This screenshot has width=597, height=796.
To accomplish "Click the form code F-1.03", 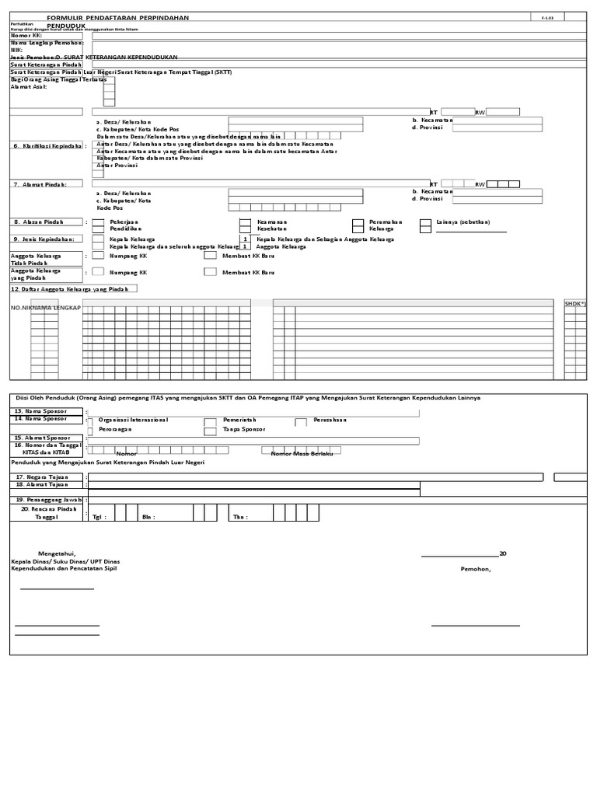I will click(x=548, y=16).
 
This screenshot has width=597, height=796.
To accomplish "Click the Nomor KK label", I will click(x=26, y=36).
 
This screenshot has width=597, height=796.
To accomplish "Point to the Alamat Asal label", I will click(x=29, y=87).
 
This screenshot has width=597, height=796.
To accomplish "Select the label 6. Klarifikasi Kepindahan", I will click(x=48, y=145).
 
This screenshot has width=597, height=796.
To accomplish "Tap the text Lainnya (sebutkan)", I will click(x=463, y=222).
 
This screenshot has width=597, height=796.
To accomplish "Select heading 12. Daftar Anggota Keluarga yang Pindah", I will click(x=74, y=288).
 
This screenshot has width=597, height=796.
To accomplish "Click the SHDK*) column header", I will click(x=575, y=303).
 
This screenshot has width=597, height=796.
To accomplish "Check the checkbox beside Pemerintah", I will click(x=209, y=421).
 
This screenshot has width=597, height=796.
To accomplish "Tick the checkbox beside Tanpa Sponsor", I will click(x=209, y=430).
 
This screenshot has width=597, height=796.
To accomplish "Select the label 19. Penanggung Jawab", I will click(x=47, y=499).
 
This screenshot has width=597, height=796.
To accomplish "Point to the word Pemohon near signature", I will click(x=475, y=568).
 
